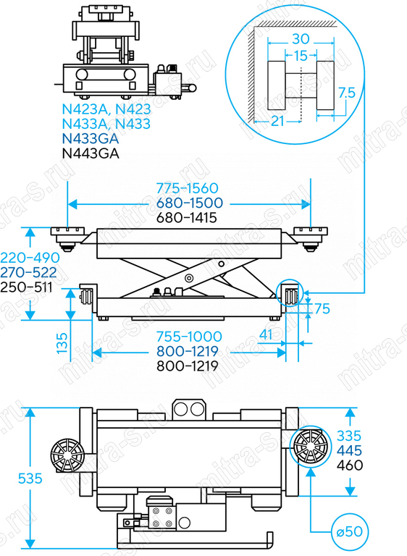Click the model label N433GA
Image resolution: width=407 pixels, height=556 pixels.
[x=90, y=138]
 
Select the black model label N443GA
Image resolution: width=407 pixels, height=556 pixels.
[x=91, y=153]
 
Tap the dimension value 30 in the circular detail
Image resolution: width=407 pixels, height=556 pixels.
[x=301, y=38]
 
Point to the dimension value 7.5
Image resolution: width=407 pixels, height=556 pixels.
[x=346, y=93]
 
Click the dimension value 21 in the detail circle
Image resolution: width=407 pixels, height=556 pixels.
[x=277, y=122]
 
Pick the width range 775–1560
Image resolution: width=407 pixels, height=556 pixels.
[x=187, y=188]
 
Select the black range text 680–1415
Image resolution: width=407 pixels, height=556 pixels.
[x=187, y=217]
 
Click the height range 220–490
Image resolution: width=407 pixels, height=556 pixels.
[x=30, y=258]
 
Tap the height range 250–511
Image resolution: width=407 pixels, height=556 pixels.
[x=26, y=287]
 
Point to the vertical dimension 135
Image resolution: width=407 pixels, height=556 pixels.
[x=62, y=342]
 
